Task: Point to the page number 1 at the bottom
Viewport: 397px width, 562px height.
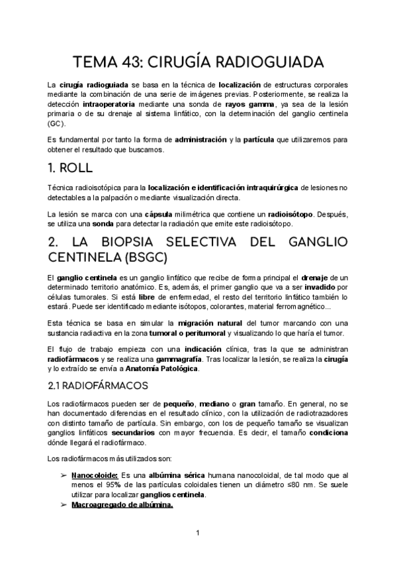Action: pos(197,533)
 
